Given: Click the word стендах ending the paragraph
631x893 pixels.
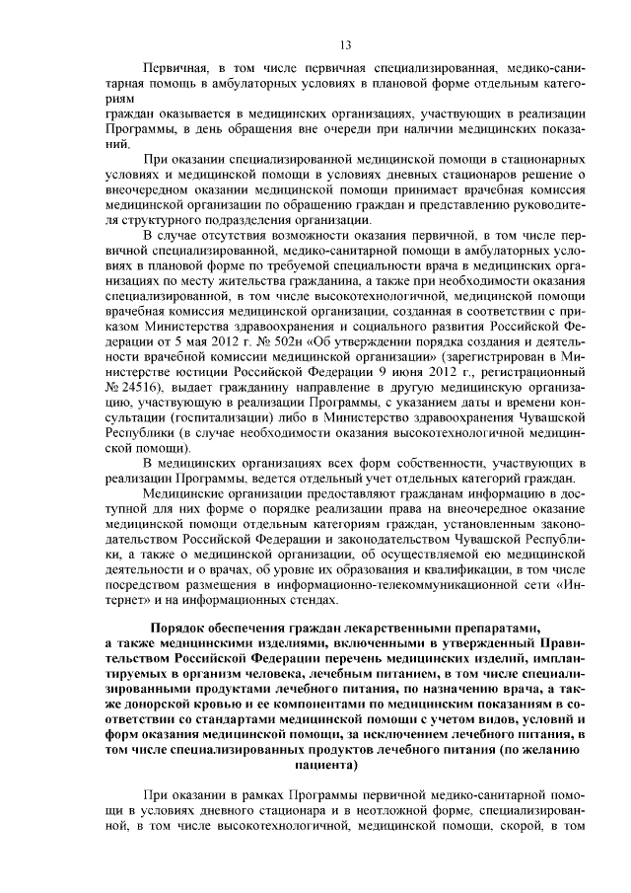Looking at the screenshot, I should pyautogui.click(x=315, y=602).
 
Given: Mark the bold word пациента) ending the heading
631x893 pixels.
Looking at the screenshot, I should pyautogui.click(x=326, y=763).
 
